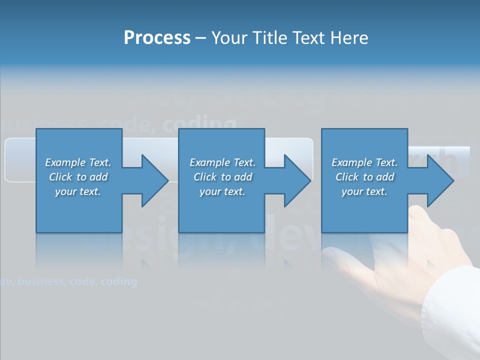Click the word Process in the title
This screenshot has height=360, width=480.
pyautogui.click(x=157, y=38)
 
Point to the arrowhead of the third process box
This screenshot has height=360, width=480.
pyautogui.click(x=439, y=180)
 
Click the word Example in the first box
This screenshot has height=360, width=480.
pyautogui.click(x=64, y=162)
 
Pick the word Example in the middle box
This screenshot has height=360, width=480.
pyautogui.click(x=209, y=162)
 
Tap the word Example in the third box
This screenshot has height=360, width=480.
pyautogui.click(x=351, y=162)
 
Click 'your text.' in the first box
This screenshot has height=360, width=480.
pyautogui.click(x=78, y=191)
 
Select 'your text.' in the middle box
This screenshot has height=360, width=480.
pyautogui.click(x=222, y=191)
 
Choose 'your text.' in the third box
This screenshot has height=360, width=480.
pyautogui.click(x=364, y=191)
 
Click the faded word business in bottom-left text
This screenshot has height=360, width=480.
pyautogui.click(x=40, y=281)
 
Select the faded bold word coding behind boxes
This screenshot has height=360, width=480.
pyautogui.click(x=200, y=123)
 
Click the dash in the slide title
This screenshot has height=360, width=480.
pyautogui.click(x=200, y=38)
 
